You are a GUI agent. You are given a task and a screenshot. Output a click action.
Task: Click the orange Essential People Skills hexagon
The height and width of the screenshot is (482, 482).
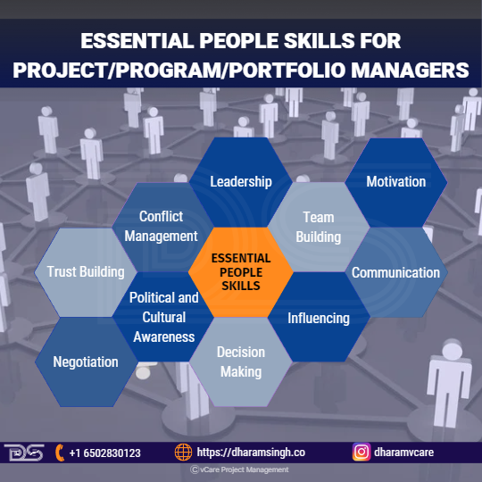[241, 272]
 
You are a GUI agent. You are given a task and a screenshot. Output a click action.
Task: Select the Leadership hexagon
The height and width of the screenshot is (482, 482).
[241, 182]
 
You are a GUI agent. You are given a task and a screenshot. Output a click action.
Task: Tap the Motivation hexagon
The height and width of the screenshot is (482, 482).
[396, 182]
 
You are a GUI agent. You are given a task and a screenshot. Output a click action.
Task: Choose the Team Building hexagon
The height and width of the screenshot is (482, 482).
[319, 228]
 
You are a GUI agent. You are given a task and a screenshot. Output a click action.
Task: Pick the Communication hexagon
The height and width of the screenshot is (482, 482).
[396, 272]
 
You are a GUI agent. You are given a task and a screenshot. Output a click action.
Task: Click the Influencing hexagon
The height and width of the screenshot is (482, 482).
[319, 317]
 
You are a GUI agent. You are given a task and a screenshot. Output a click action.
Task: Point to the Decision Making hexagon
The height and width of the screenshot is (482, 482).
[241, 361]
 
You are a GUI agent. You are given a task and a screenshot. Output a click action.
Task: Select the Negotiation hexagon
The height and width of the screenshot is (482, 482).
[86, 361]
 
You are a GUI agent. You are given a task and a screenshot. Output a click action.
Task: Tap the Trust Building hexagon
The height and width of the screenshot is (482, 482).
[86, 272]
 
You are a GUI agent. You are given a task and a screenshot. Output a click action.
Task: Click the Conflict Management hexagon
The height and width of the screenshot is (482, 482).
[162, 228]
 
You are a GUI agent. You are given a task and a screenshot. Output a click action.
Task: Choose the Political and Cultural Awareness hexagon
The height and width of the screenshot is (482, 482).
[163, 317]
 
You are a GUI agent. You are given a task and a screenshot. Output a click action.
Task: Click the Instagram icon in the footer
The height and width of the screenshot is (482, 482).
[361, 453]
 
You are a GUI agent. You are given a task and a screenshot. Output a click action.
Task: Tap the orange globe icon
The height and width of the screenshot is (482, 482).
[184, 453]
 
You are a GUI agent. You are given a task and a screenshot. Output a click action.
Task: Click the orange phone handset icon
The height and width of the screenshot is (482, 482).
[60, 453]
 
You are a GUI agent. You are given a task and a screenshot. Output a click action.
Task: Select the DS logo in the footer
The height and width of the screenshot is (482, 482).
[24, 453]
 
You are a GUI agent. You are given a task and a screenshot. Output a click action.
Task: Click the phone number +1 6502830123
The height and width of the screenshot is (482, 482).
[104, 453]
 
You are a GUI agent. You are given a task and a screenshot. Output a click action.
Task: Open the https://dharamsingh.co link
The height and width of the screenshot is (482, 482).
[251, 453]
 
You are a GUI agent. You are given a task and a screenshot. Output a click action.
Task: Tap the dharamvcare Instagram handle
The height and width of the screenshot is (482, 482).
[404, 453]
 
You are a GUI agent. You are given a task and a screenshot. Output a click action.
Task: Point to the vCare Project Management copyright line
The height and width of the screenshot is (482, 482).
[239, 470]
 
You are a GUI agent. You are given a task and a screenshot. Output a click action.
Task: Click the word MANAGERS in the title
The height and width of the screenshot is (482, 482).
[410, 71]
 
